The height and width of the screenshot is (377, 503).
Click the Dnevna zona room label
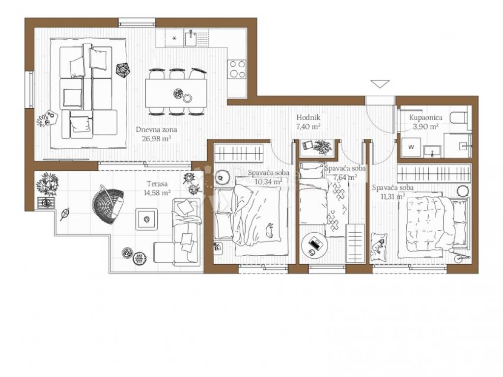click(x=156, y=130)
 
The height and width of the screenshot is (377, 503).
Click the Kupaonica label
click(x=426, y=118)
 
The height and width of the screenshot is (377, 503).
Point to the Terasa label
click(x=157, y=184)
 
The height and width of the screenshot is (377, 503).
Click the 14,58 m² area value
click(x=157, y=192)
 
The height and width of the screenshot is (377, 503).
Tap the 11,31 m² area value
click(x=392, y=196)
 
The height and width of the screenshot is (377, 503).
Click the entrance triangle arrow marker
click(x=380, y=83)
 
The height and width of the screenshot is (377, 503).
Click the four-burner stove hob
click(x=237, y=69)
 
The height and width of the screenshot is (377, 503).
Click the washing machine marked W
click(x=411, y=147)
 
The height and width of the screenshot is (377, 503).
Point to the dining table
click(x=176, y=93)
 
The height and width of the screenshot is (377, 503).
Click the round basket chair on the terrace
click(x=108, y=204)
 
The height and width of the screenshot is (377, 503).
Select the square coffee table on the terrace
click(x=146, y=219)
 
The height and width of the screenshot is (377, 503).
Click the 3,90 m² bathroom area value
click(x=426, y=126)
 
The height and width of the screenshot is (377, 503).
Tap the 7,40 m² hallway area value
click(x=308, y=126)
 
